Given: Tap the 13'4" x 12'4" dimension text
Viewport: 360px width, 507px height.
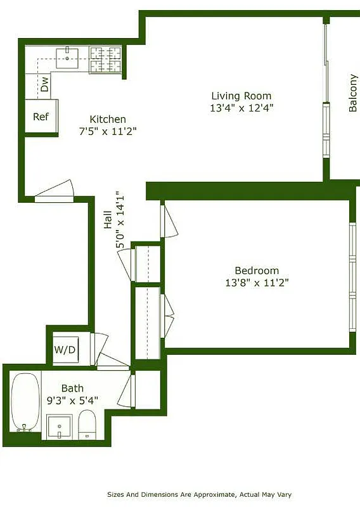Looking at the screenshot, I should coord(241,108).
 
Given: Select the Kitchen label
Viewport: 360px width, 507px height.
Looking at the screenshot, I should coord(107,119).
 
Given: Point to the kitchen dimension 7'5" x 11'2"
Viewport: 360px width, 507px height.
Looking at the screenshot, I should coord(107,131).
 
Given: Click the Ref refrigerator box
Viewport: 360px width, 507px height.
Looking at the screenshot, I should coord(41,117).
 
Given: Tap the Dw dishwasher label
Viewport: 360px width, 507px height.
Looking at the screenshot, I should coord(44,85).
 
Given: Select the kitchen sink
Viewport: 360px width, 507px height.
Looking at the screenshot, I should coord(67,58).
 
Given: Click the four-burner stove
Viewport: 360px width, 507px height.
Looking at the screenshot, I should coord(105,60).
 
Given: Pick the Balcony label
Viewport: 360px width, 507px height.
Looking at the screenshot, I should coord(353,95).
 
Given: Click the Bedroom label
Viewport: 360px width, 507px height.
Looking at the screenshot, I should coord(257,271).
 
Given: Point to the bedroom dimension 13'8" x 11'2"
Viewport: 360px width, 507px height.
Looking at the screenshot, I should coord(257,283).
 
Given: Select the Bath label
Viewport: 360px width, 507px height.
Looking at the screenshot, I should coord(72,388).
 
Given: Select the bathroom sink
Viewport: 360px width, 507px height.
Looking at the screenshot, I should coord(60,426).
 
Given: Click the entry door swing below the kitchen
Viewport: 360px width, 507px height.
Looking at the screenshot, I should coord(55,191).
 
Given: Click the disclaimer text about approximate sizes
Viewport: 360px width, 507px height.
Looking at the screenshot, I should coord(198,494).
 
